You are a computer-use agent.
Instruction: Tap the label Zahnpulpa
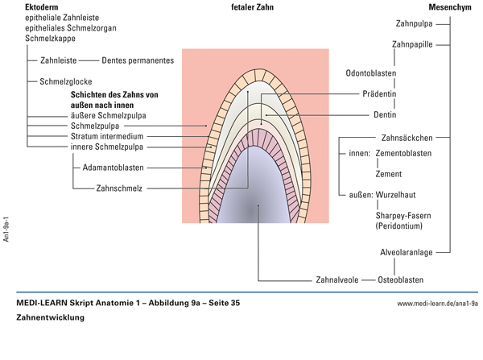coord(417,23)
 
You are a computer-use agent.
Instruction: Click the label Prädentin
coord(382,93)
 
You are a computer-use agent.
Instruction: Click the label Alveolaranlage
coord(407,252)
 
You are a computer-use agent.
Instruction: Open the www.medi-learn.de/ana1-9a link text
coord(437,304)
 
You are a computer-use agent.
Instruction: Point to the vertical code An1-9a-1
coord(6,228)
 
